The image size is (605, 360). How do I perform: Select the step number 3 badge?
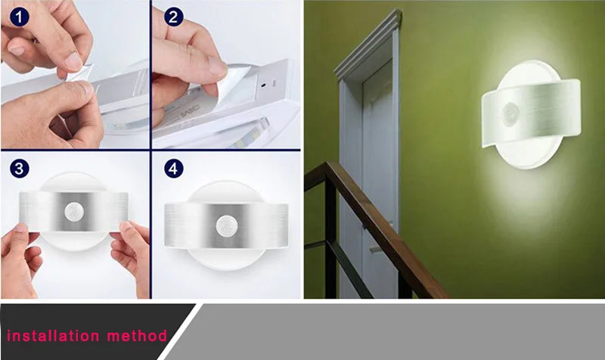(x=20, y=167)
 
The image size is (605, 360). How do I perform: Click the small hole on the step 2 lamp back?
(x=262, y=85)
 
